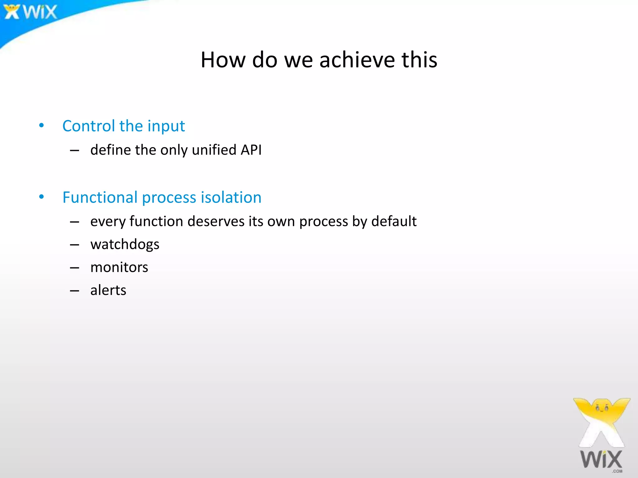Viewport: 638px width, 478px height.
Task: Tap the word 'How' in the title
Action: pos(223,60)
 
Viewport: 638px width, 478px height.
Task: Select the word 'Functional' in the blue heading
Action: pos(100,197)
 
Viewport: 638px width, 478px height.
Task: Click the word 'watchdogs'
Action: pos(125,245)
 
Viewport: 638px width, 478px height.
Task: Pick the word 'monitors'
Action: pos(119,267)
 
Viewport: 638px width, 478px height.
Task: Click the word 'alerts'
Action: pos(108,290)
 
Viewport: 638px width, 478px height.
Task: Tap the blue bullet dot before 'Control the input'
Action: pos(41,126)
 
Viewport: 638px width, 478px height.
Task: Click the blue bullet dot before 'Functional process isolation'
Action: pos(41,197)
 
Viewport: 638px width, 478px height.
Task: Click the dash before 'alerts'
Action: pos(74,291)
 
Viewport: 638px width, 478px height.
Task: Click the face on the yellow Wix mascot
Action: pos(602,408)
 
